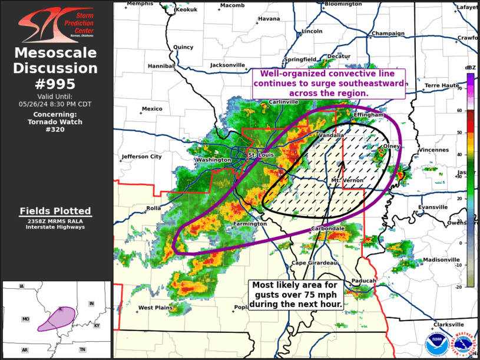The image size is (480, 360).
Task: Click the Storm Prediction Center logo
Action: [55, 24]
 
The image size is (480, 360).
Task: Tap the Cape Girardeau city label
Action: [314, 263]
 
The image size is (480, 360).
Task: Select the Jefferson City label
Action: [141, 157]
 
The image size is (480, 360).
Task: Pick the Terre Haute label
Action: [442, 85]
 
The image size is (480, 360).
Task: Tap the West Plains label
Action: [154, 308]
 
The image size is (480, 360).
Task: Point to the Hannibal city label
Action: [159, 65]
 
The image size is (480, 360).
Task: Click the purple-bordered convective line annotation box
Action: [329, 84]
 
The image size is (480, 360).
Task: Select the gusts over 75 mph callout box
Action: [296, 295]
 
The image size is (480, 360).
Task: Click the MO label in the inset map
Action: [26, 319]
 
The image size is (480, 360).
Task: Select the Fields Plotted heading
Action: [55, 211]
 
